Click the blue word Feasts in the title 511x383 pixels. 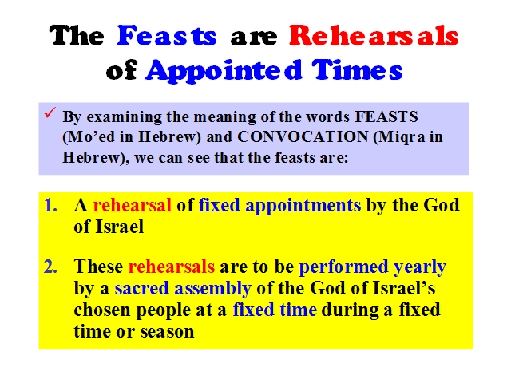click(x=167, y=35)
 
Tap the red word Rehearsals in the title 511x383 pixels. click(x=374, y=35)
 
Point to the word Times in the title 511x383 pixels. click(x=357, y=69)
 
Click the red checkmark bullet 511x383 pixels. click(x=50, y=113)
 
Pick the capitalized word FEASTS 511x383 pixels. click(x=386, y=116)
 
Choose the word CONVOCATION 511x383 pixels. click(x=303, y=136)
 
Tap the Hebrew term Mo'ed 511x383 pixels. click(x=89, y=137)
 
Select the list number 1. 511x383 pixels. click(x=50, y=206)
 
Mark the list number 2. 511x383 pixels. click(x=50, y=267)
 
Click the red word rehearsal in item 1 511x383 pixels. click(x=132, y=206)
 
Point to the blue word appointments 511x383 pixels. click(x=303, y=207)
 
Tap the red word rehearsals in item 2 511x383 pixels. click(x=172, y=267)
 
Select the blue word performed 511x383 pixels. click(x=343, y=267)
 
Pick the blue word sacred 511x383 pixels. click(x=141, y=289)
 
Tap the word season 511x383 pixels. click(x=167, y=332)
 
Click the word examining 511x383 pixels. click(x=124, y=117)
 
